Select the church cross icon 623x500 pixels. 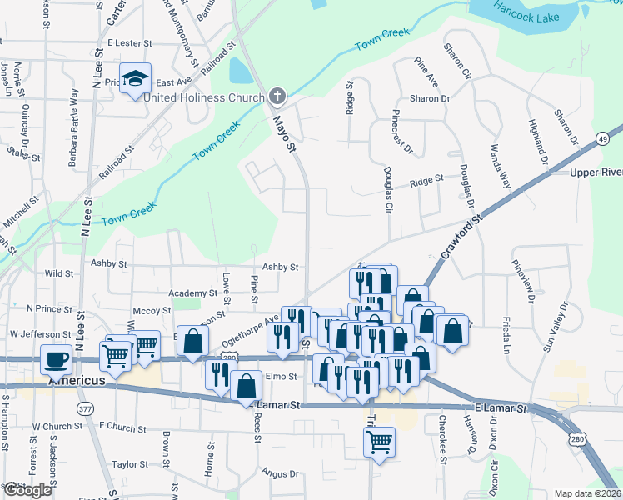(277, 97)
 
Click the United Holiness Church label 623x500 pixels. (204, 97)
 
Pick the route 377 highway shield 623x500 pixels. (86, 408)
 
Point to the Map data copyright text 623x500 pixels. (586, 493)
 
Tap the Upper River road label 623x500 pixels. (596, 172)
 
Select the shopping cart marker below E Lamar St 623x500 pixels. (379, 442)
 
